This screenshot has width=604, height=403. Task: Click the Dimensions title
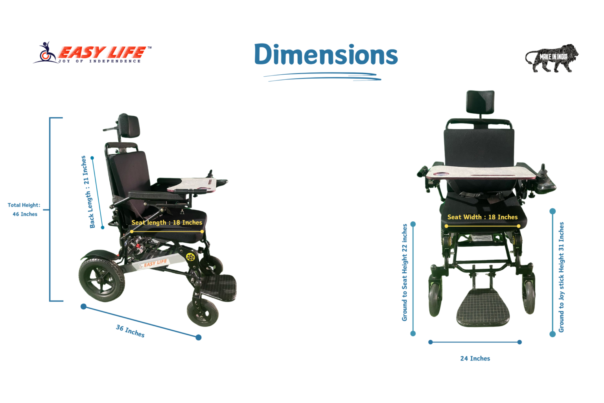pos(326,54)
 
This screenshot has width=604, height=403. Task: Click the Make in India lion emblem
pos(552,58)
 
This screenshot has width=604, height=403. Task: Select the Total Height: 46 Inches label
pos(24,210)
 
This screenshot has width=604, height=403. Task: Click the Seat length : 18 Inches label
pos(167,223)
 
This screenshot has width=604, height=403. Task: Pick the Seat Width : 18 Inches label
pos(482,217)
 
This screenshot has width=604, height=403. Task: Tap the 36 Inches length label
pos(130,331)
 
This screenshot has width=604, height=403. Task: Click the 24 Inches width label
pos(475,358)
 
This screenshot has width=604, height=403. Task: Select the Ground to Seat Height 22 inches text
pos(405,272)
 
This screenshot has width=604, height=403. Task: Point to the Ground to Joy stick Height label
pos(561,277)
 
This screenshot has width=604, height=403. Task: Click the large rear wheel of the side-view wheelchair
pos(102,280)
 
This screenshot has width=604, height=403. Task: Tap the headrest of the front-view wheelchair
pos(480,102)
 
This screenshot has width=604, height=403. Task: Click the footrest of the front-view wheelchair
pos(482,307)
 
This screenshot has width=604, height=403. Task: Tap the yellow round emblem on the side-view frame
pos(190,257)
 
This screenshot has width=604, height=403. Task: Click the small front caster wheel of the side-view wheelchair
pos(203,312)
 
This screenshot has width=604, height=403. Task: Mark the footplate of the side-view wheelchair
pos(219,287)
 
